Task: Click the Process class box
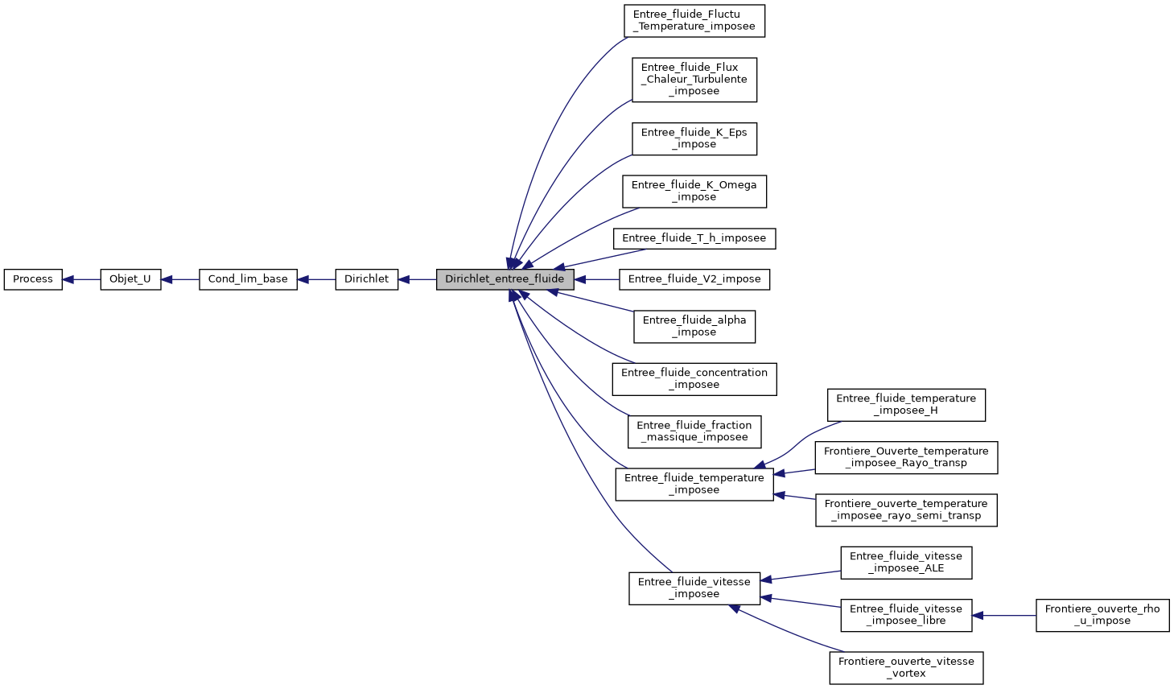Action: click(33, 279)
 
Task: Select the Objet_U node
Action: click(130, 279)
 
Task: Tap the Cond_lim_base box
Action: click(248, 279)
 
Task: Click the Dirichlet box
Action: click(366, 279)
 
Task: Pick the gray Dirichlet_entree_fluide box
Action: click(505, 279)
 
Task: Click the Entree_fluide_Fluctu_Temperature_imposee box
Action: click(694, 20)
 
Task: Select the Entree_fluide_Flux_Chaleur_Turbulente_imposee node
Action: click(694, 80)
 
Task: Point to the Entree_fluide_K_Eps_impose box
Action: click(694, 138)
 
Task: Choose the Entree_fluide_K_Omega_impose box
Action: click(694, 191)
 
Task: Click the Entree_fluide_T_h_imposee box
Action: click(694, 238)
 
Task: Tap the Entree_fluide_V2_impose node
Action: click(694, 279)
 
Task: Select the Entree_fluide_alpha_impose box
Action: click(694, 326)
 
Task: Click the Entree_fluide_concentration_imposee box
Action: click(694, 378)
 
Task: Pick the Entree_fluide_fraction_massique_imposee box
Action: click(694, 431)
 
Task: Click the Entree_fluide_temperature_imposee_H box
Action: click(905, 404)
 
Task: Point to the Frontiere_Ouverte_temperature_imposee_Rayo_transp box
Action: click(905, 457)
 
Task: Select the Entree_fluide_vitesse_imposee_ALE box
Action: click(905, 562)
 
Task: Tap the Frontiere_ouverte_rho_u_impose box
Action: click(1102, 615)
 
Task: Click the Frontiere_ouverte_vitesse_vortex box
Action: click(905, 667)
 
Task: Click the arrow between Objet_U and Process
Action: click(81, 279)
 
